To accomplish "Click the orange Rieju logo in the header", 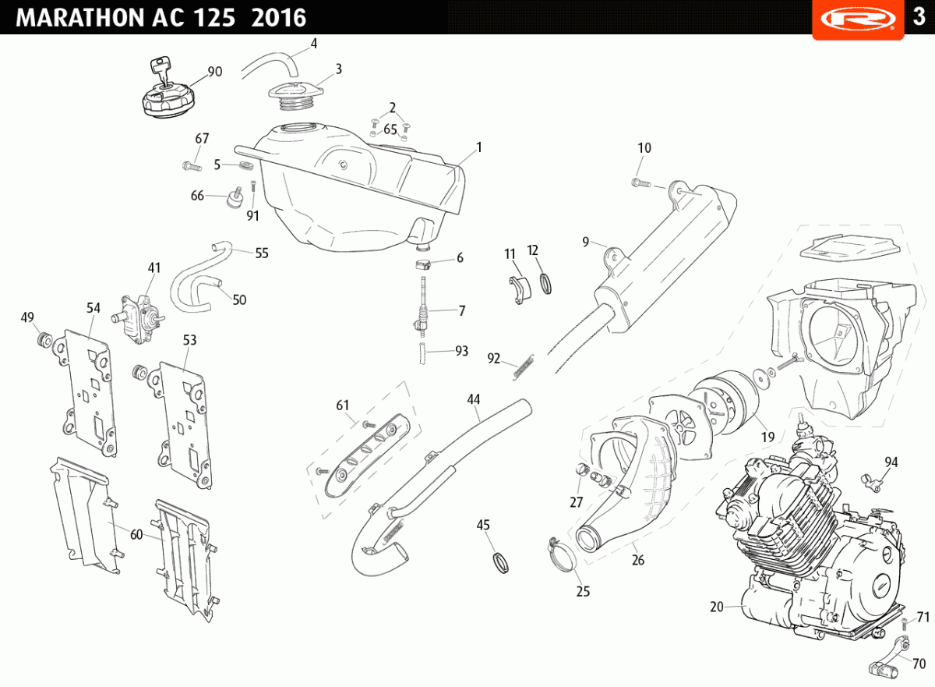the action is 858,19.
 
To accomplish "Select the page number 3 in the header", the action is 919,16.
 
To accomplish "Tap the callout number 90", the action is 215,72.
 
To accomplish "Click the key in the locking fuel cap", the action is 161,69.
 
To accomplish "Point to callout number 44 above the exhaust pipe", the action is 474,399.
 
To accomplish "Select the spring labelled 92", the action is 524,367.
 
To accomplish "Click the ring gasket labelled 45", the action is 500,562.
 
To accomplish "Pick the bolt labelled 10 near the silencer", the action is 641,182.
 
